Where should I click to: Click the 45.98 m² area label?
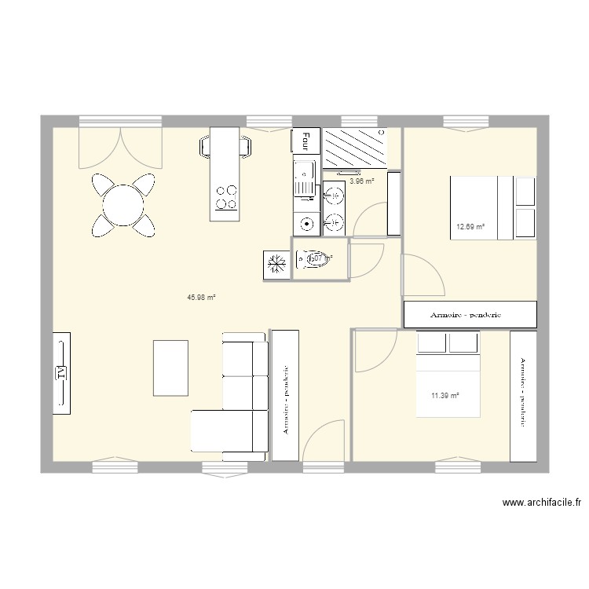click(201, 298)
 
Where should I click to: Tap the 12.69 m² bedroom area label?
click(470, 229)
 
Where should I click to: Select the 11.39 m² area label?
click(444, 396)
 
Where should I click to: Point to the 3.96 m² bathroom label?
click(361, 181)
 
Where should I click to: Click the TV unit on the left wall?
click(61, 372)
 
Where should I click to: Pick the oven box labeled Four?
click(305, 141)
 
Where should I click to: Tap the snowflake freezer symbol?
click(276, 264)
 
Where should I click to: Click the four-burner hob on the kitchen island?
click(226, 196)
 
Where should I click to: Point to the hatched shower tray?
click(356, 148)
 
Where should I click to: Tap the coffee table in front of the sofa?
click(170, 368)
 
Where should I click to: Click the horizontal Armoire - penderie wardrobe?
click(470, 314)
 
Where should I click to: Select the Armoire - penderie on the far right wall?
click(523, 397)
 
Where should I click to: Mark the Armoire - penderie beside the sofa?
click(284, 395)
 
